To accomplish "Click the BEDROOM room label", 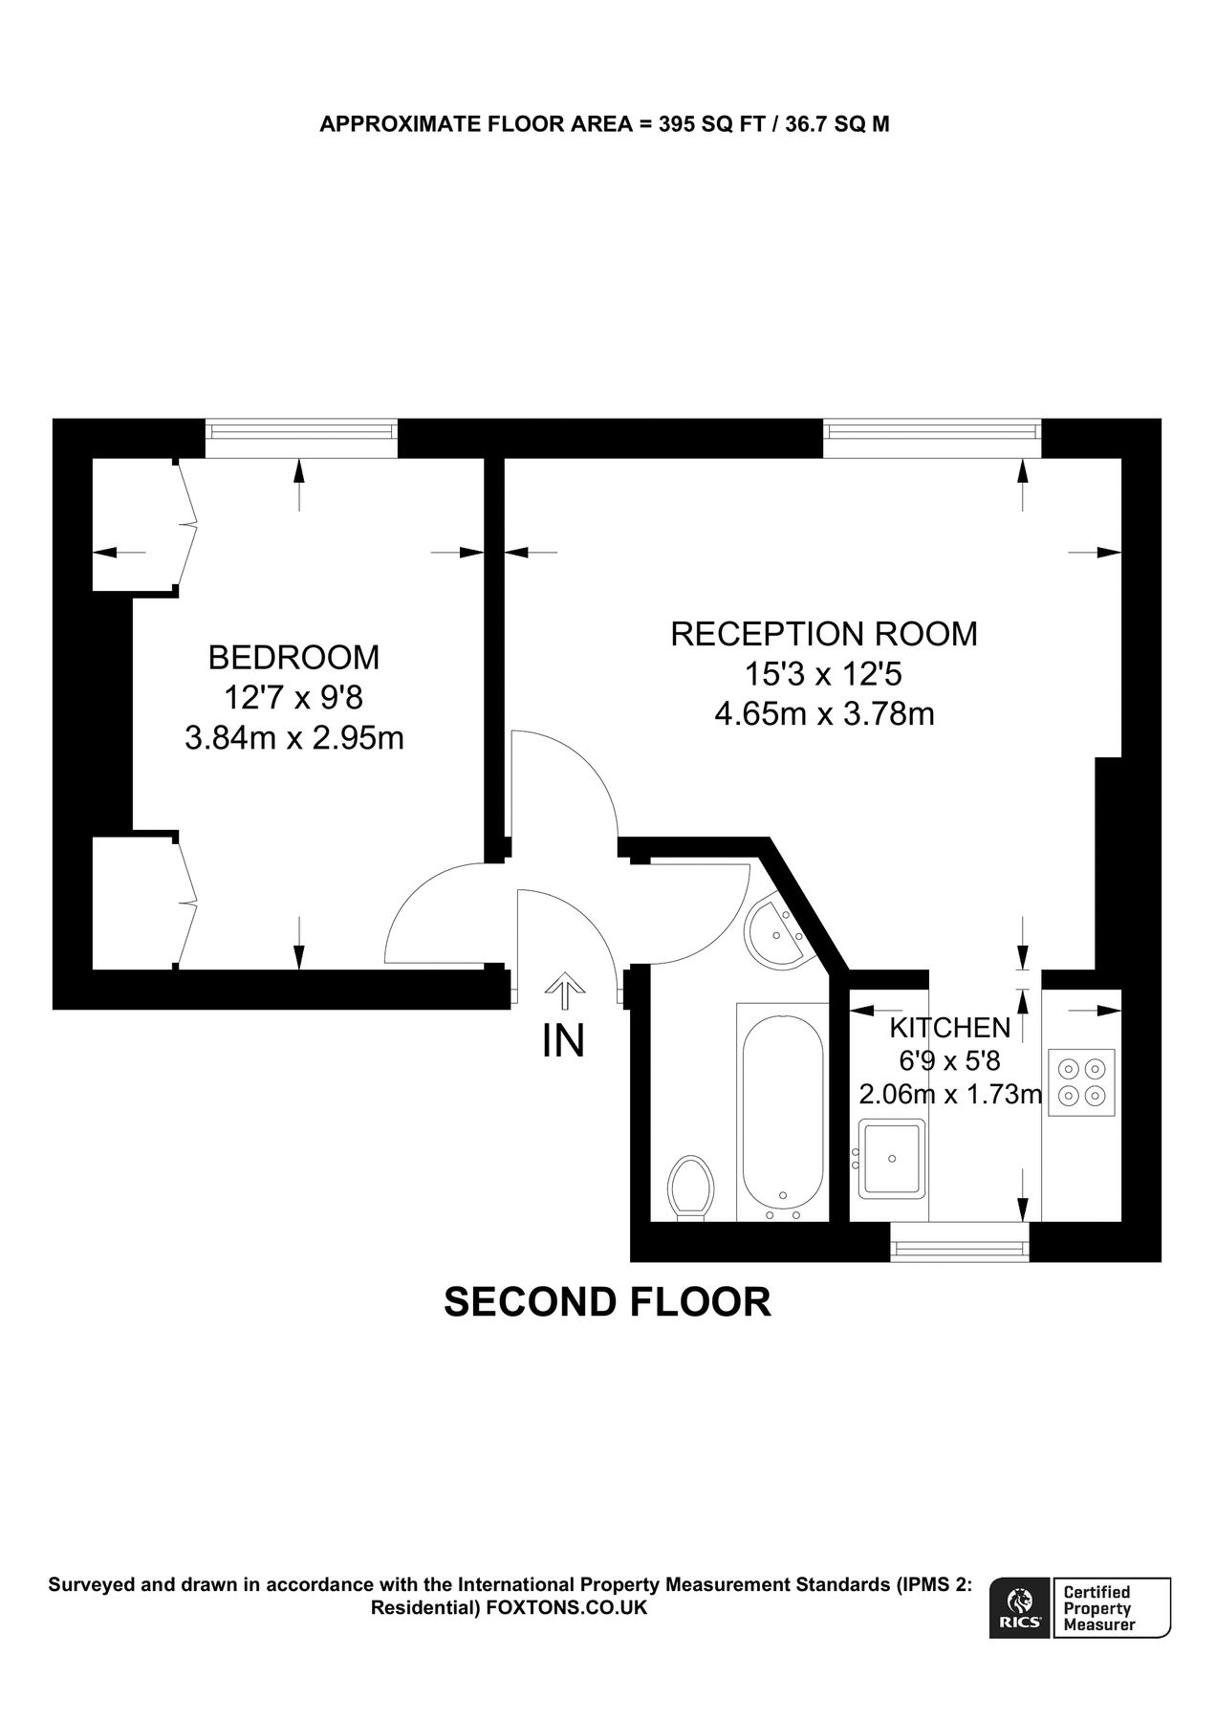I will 293,658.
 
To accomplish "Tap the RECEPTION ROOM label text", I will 823,634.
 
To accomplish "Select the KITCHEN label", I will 949,1028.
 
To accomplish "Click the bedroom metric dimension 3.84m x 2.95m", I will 293,738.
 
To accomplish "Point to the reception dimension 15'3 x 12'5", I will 823,675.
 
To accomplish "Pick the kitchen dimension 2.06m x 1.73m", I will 949,1094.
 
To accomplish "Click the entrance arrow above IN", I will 564,991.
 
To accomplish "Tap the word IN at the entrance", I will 563,1041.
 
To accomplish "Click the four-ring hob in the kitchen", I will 1082,1082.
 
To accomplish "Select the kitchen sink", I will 892,1159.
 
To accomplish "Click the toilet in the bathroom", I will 690,1187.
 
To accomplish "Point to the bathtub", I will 782,1112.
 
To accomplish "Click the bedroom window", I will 301,438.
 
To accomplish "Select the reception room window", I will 932,438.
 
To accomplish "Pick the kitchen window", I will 959,1243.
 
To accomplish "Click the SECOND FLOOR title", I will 607,1302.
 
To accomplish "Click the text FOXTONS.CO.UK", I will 567,1608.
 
